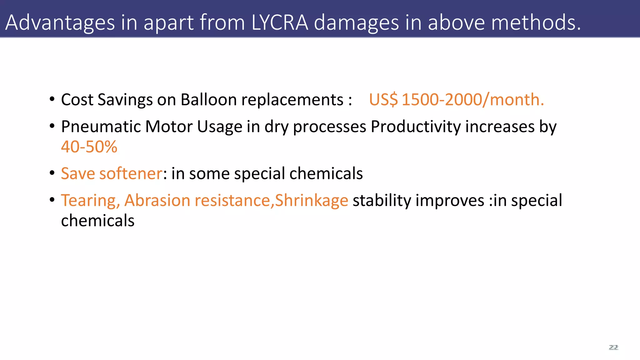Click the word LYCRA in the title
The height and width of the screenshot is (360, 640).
(280, 22)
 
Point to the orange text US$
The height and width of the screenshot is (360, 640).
(383, 100)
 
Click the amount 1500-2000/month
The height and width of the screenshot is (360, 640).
(473, 100)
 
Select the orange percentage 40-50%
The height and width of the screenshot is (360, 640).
(89, 147)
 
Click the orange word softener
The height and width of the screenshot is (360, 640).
(131, 173)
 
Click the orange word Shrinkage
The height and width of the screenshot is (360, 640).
(312, 200)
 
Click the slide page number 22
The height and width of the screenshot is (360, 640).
(613, 347)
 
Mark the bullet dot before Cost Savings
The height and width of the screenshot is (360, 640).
(52, 99)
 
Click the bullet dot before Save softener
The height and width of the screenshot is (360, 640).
(52, 173)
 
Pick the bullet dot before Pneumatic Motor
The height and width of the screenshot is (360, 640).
(52, 126)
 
